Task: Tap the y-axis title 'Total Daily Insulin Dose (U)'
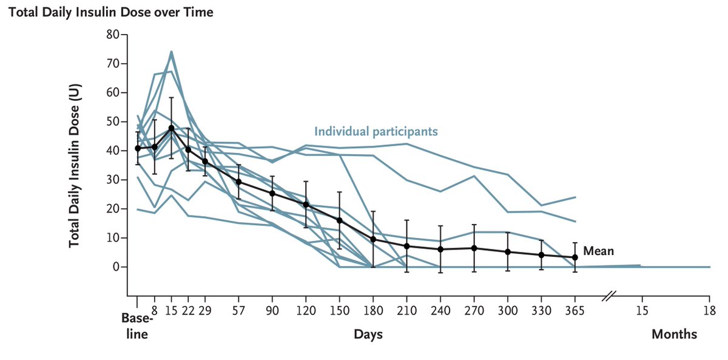[75, 165]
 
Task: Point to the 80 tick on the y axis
[113, 35]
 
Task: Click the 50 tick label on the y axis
[113, 122]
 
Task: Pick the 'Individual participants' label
[376, 131]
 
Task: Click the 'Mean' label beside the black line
[598, 250]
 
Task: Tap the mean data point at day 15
[172, 128]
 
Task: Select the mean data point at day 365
[575, 257]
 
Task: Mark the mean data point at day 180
[374, 239]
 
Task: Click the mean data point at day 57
[238, 182]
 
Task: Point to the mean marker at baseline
[138, 148]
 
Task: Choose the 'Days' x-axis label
[368, 335]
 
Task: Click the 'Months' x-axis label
[674, 335]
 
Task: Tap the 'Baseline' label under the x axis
[135, 326]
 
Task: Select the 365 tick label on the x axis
[575, 311]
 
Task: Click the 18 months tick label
[709, 311]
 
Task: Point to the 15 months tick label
[642, 311]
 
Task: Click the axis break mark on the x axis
[608, 296]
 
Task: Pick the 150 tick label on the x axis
[340, 311]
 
